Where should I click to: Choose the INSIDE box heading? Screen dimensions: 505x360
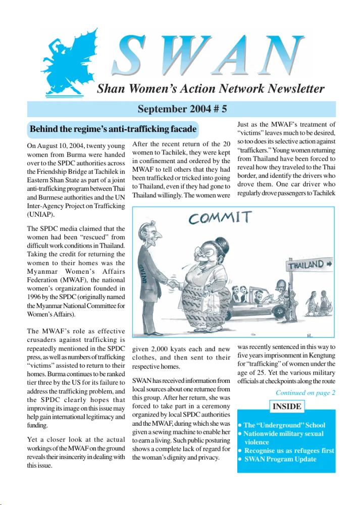point(286,407)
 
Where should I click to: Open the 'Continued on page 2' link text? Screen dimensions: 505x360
point(305,393)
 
